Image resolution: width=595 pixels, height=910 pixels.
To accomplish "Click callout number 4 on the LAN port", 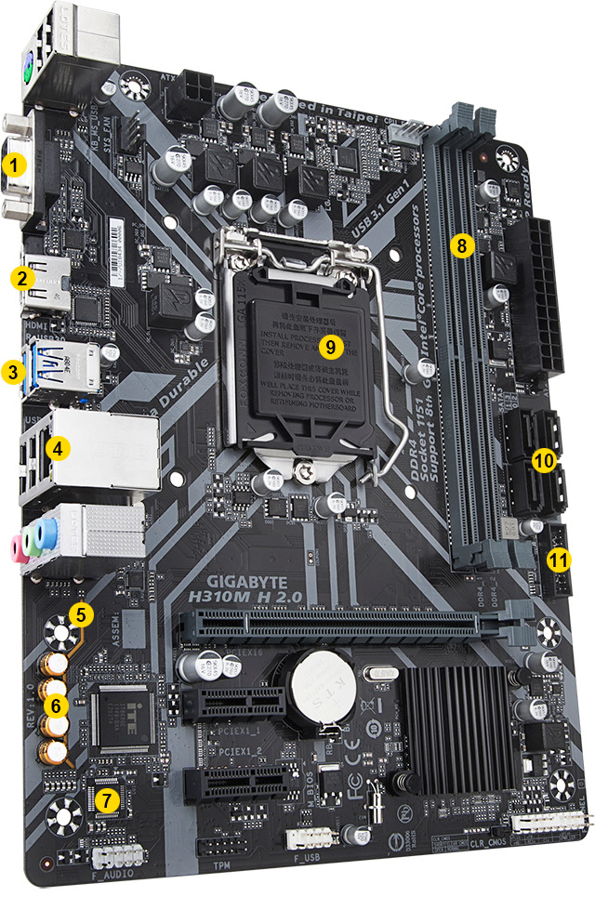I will point(58,448).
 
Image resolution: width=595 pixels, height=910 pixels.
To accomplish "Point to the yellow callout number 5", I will point(82,613).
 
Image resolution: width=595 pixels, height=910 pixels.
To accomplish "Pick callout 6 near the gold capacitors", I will point(56,706).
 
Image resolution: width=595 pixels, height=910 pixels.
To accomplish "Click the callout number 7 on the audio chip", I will point(110,797).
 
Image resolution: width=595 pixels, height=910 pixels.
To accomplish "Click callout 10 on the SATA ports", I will point(545,459).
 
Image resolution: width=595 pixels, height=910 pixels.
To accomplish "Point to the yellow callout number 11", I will point(558,560).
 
